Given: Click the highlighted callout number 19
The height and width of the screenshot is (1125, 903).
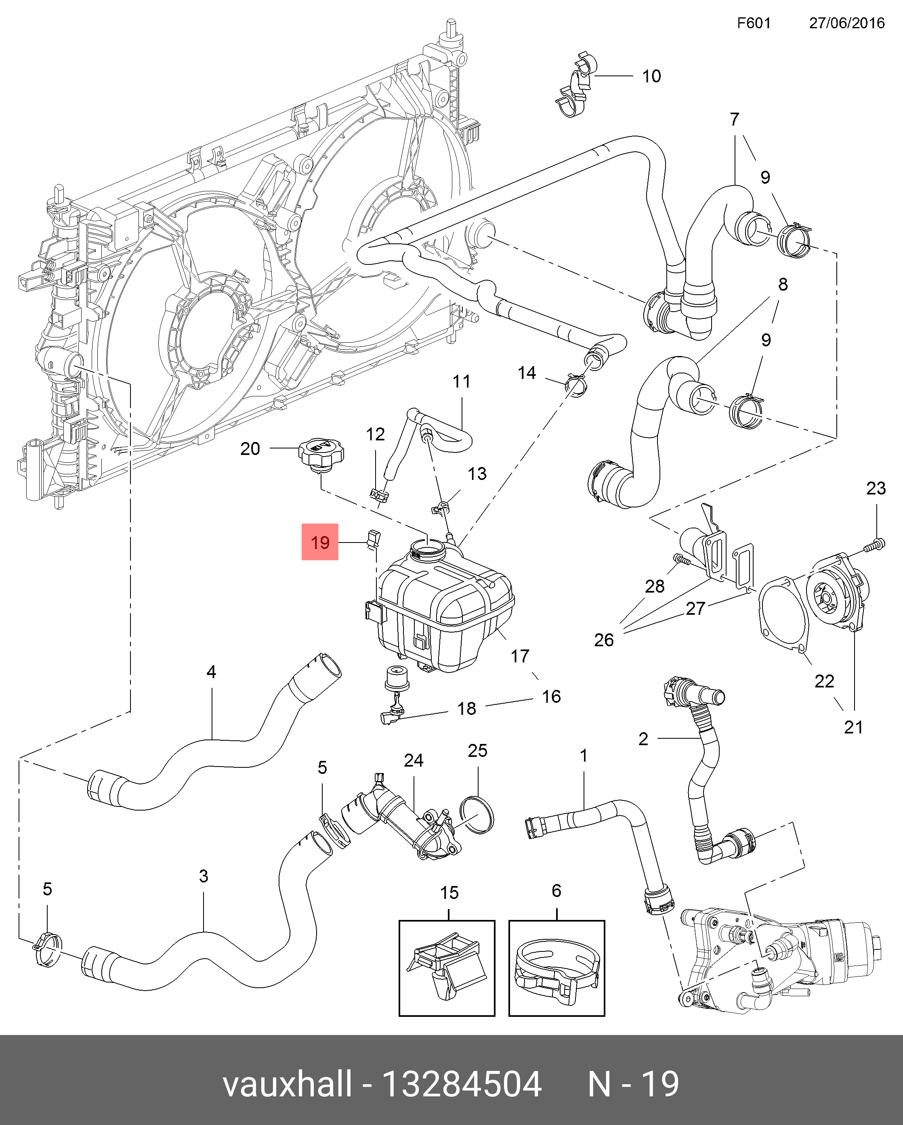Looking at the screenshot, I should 320,542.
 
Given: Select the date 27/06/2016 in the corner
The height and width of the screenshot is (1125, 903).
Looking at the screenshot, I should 846,23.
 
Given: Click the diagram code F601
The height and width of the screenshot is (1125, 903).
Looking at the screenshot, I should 754,23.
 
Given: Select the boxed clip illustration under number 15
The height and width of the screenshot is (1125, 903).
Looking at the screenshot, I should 447,968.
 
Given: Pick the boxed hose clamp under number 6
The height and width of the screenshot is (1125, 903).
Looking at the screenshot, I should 556,968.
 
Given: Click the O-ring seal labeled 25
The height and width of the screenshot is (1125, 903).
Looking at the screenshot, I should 477,815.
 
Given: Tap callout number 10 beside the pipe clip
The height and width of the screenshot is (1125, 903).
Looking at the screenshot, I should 651,76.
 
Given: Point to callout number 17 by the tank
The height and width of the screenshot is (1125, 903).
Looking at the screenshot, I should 520,656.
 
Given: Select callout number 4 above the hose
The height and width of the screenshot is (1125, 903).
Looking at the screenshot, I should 211,672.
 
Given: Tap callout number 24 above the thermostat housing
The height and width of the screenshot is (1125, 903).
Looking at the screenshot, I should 414,760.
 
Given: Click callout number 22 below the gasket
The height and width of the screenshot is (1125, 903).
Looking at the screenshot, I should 824,681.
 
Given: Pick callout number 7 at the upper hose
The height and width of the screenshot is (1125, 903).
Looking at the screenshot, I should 735,119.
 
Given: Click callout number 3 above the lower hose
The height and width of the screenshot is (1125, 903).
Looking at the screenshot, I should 204,876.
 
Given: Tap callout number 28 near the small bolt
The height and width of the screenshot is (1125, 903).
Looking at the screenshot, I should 655,586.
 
